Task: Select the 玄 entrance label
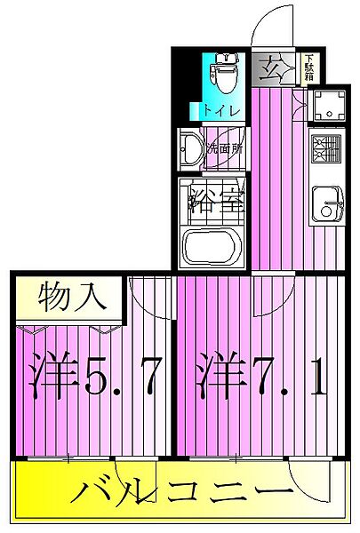tap(270, 68)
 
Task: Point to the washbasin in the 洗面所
tap(190, 150)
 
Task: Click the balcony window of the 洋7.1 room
tap(236, 459)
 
